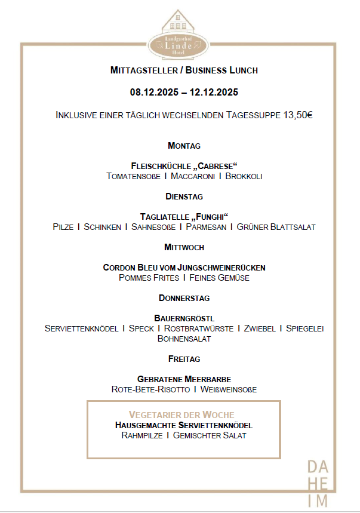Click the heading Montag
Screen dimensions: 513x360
[x=184, y=146]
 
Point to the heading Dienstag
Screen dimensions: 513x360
[x=184, y=196]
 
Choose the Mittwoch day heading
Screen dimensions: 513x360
[x=184, y=247]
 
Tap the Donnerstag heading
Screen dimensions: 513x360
[x=184, y=298]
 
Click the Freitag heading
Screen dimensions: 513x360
[x=184, y=359]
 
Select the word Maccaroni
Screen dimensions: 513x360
[x=193, y=176]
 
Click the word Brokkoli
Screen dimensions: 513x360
[x=244, y=176]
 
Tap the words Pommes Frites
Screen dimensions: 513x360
[x=149, y=278]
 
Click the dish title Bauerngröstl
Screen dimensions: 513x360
[x=184, y=318]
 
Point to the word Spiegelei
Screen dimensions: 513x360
[x=304, y=328]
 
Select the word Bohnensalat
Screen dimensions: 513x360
[x=184, y=339]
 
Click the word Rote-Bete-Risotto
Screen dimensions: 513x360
[x=150, y=389]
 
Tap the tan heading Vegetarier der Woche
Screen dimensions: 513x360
[x=181, y=414]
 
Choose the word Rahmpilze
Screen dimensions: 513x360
[x=141, y=435]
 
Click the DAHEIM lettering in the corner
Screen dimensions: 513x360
[x=317, y=484]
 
